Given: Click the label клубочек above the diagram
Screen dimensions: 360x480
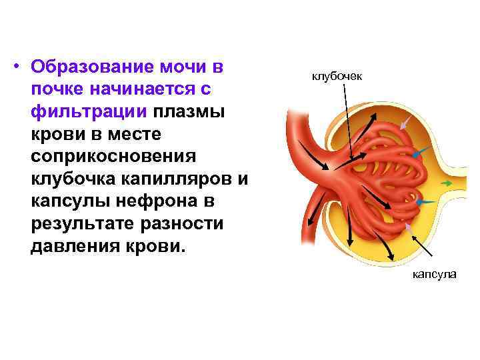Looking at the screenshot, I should point(337,77).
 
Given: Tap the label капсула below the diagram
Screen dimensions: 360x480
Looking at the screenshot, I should point(433,274).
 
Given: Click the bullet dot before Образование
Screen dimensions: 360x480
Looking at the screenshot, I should point(21,68).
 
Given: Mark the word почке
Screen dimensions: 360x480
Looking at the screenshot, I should point(53,91).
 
